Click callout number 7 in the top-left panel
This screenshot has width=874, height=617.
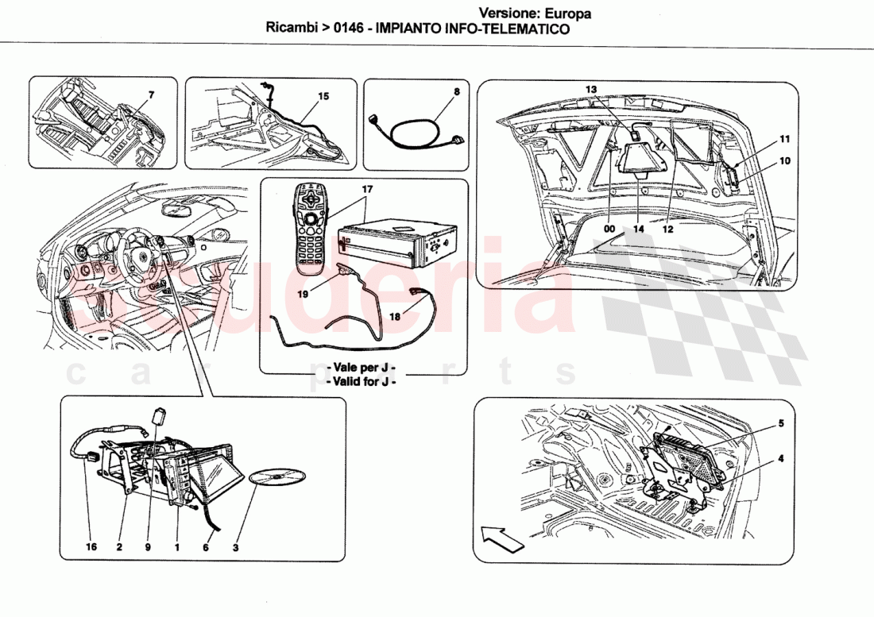(151, 94)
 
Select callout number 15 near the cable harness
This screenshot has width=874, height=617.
(323, 96)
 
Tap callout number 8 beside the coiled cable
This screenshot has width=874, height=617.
(456, 91)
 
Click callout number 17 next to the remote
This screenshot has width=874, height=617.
(367, 190)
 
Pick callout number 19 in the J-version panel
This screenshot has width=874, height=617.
(304, 292)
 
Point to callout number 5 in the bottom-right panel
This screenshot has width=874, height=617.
(781, 423)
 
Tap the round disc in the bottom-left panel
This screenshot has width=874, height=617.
(277, 477)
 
